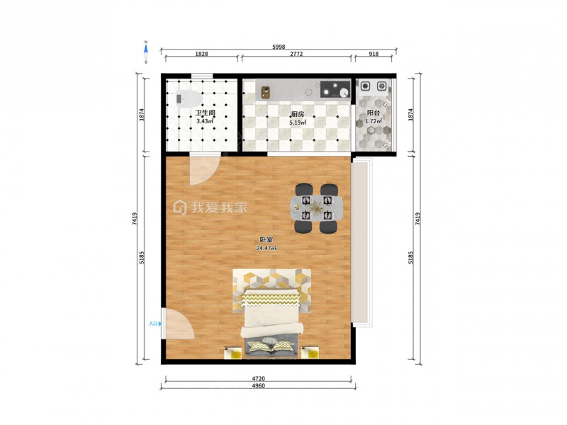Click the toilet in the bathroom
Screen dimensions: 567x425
189,98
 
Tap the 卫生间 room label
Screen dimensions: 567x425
205,113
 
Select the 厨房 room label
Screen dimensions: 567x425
298,114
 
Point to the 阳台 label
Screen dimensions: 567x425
374,113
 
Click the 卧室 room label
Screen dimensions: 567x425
266,239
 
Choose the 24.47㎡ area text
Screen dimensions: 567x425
266,248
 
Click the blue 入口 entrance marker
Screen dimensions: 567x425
155,324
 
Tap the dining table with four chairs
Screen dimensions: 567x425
317,208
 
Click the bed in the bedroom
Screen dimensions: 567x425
271,322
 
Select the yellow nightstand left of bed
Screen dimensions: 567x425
233,353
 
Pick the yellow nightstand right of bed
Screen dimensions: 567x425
310,352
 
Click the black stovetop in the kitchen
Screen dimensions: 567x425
335,89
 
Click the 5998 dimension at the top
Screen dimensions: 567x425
279,47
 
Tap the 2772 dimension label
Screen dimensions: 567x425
296,54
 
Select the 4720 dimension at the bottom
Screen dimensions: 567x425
258,378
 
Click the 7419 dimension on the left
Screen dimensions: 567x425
135,219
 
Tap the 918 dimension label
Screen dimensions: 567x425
374,54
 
